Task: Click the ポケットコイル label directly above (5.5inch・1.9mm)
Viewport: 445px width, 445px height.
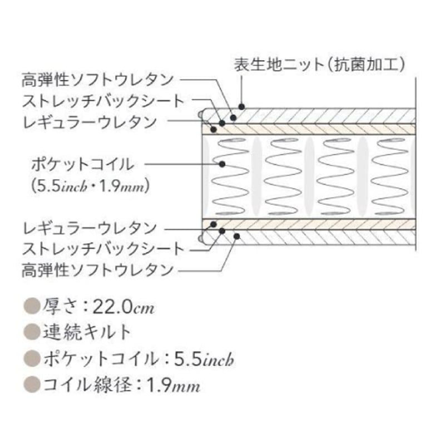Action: pyautogui.click(x=82, y=164)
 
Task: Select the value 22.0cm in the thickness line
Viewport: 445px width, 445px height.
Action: pyautogui.click(x=125, y=306)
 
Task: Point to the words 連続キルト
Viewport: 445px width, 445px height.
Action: pyautogui.click(x=87, y=332)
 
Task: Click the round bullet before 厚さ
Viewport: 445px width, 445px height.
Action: pyautogui.click(x=31, y=306)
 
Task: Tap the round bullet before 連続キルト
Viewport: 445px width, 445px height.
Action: pyautogui.click(x=31, y=332)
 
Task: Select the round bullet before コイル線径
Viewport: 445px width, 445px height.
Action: pyautogui.click(x=31, y=385)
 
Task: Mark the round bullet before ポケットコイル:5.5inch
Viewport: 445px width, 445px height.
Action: pyautogui.click(x=31, y=359)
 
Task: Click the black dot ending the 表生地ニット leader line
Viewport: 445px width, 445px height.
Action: pyautogui.click(x=241, y=106)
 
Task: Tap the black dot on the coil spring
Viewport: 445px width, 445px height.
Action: pyautogui.click(x=222, y=164)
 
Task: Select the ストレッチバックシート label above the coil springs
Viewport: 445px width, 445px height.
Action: pyautogui.click(x=103, y=101)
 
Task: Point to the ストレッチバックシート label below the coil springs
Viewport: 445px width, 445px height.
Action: pyautogui.click(x=103, y=249)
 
